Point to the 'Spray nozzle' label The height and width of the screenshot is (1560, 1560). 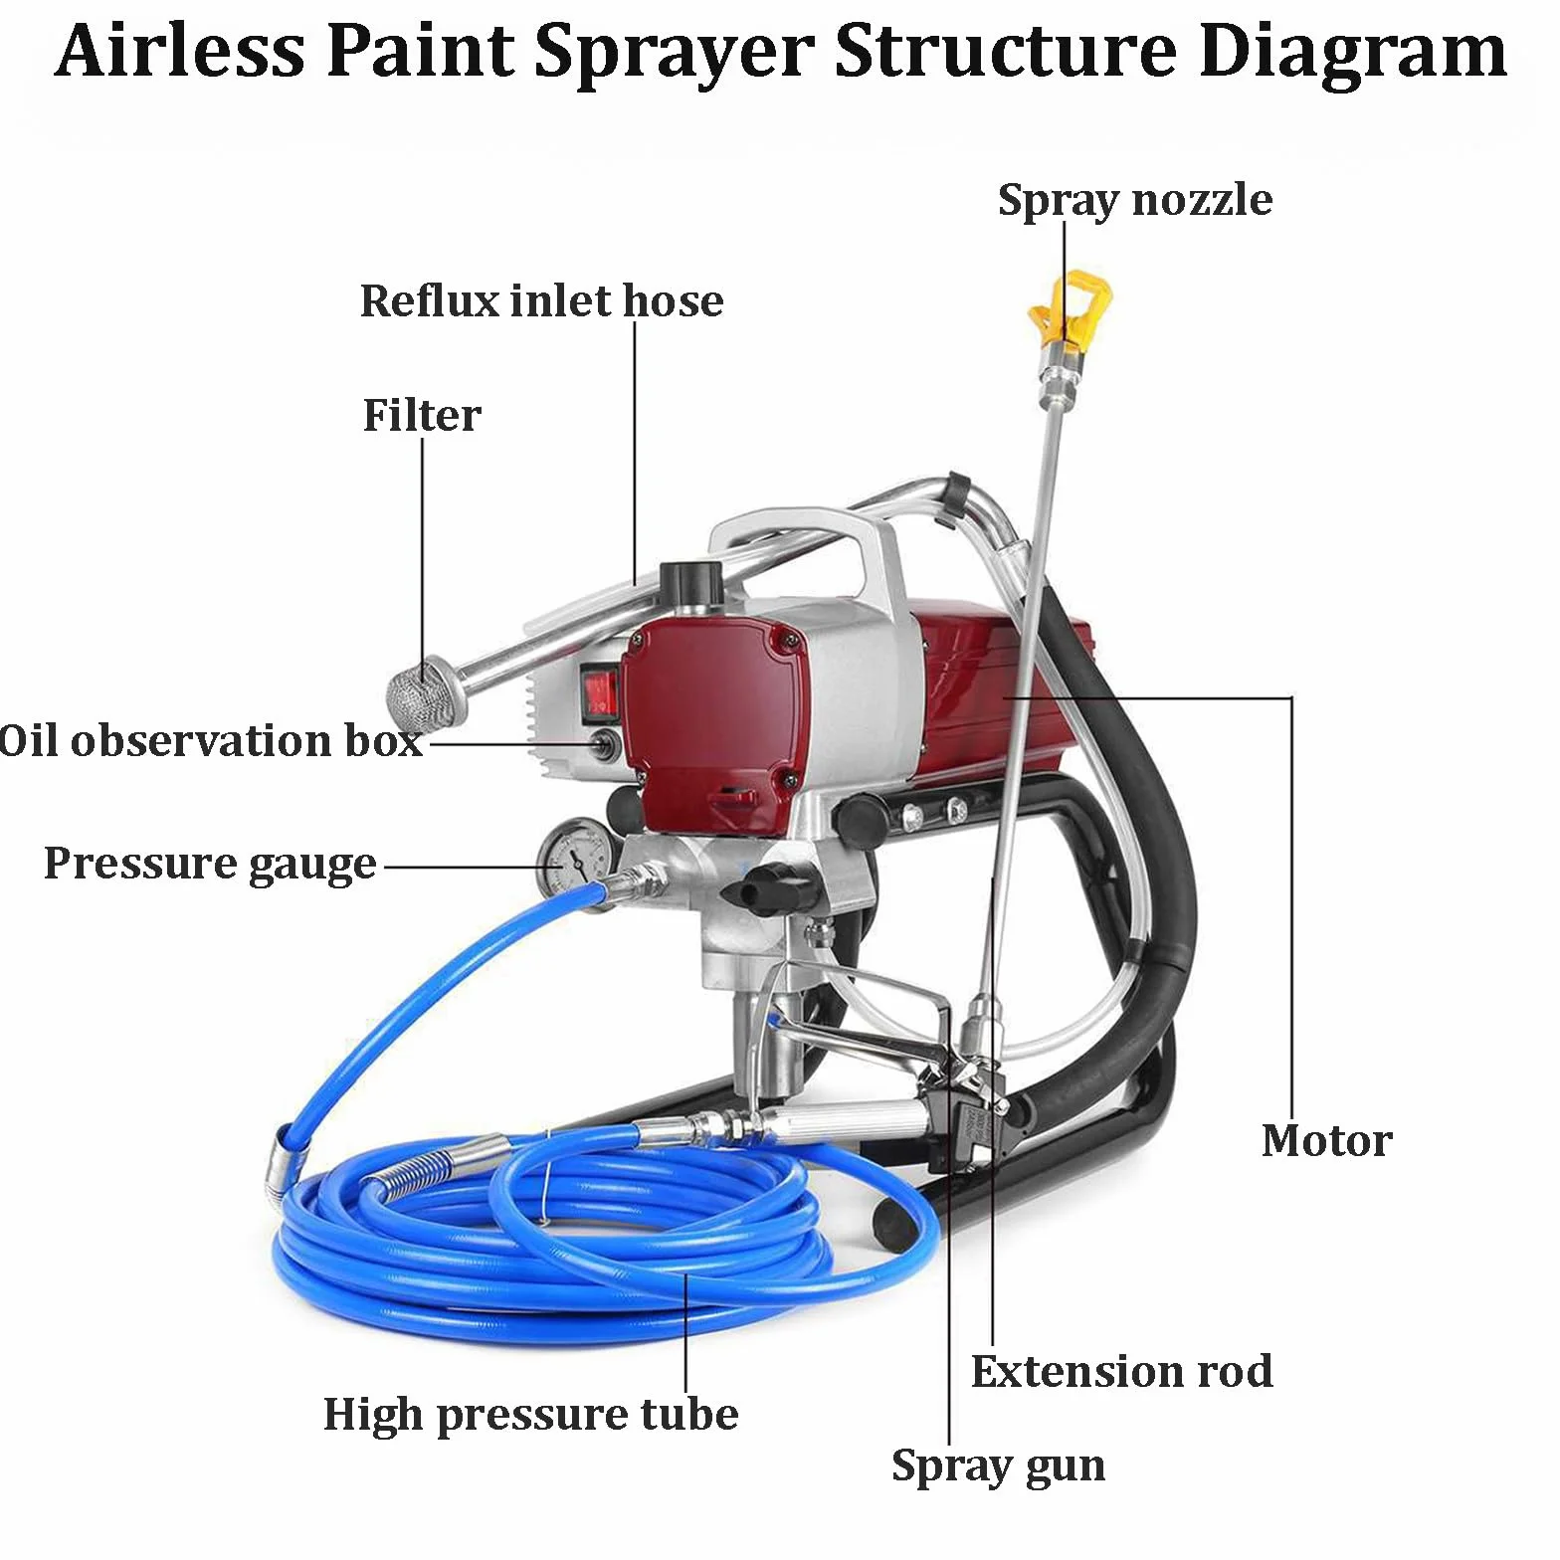[x=1135, y=201]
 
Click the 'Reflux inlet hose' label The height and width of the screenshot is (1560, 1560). [x=541, y=300]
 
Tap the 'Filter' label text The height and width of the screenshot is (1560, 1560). [x=422, y=415]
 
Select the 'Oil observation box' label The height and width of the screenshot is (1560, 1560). [x=211, y=741]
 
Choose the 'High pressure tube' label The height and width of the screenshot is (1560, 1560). [x=531, y=1415]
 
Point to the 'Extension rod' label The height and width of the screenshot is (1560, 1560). [x=1122, y=1371]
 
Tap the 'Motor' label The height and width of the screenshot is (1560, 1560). [x=1326, y=1140]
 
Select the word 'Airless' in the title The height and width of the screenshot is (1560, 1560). [x=180, y=50]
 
